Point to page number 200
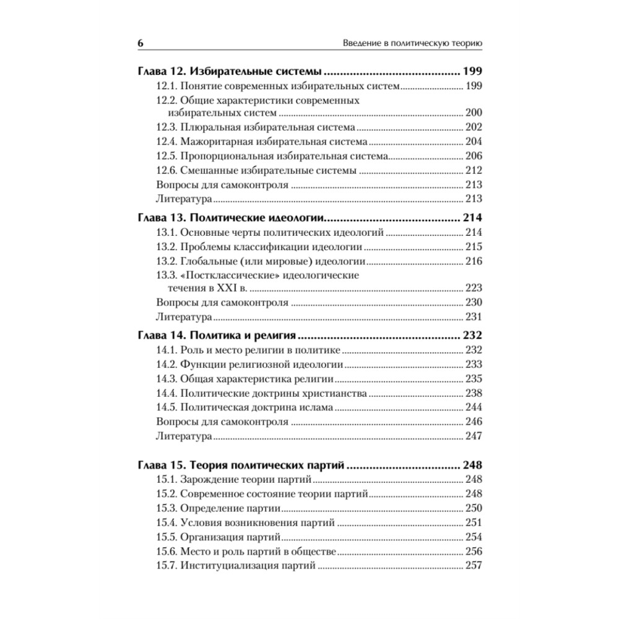point(473,113)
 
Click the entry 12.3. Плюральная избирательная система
point(255,127)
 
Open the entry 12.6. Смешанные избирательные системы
point(256,170)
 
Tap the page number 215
point(473,247)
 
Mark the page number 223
point(473,288)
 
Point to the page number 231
point(473,317)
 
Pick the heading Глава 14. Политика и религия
point(216,336)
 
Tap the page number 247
point(473,436)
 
